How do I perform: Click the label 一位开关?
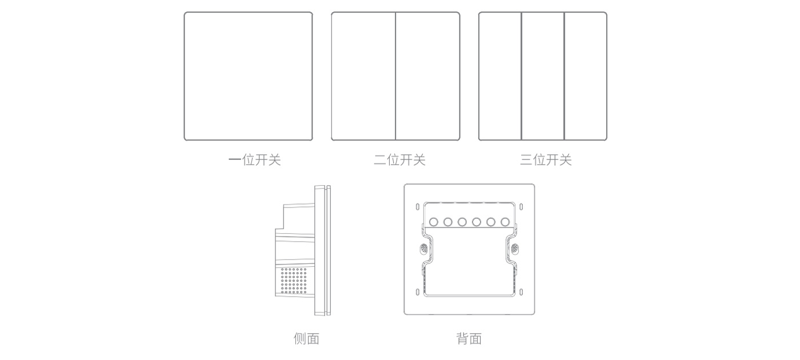click(x=254, y=160)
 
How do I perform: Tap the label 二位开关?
click(x=399, y=160)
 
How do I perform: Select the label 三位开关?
click(x=546, y=160)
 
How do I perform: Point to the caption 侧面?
click(x=306, y=339)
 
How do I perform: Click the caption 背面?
click(x=469, y=339)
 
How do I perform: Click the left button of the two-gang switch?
click(x=363, y=76)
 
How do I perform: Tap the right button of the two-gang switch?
click(x=427, y=76)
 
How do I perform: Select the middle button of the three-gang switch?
click(x=543, y=76)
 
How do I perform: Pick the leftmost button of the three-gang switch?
click(x=500, y=76)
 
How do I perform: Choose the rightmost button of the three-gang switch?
click(x=586, y=76)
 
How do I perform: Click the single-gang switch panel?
click(x=248, y=76)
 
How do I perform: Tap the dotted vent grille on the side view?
click(x=293, y=281)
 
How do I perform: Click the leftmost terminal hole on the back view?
click(x=434, y=222)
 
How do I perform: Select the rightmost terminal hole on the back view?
click(x=505, y=222)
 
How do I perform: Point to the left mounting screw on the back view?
click(x=423, y=249)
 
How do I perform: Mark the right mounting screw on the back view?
click(x=515, y=249)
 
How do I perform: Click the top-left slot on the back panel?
click(x=418, y=207)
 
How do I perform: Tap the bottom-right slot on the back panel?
click(x=521, y=293)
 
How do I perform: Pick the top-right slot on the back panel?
click(x=521, y=207)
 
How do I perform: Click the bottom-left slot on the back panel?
click(x=418, y=293)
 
